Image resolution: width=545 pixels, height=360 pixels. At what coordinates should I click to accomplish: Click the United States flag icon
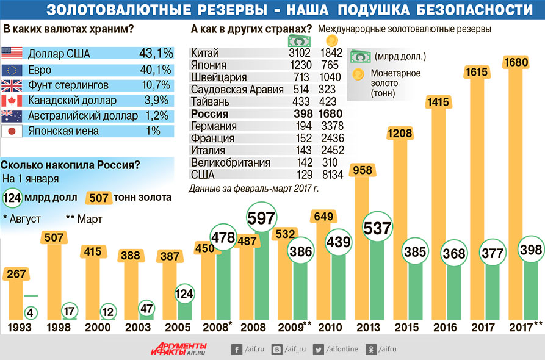pyautogui.click(x=12, y=54)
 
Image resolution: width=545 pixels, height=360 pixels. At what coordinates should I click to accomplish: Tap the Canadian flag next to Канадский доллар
pyautogui.click(x=12, y=100)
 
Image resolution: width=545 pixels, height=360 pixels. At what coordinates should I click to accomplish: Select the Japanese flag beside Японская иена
pyautogui.click(x=12, y=131)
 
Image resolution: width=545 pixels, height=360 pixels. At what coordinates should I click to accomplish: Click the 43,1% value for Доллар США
pyautogui.click(x=156, y=54)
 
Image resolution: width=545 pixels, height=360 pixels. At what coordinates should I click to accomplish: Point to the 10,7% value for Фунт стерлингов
pyautogui.click(x=156, y=85)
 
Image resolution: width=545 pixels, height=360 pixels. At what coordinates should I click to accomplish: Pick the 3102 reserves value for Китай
pyautogui.click(x=299, y=53)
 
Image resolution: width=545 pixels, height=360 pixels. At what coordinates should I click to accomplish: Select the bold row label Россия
pyautogui.click(x=209, y=114)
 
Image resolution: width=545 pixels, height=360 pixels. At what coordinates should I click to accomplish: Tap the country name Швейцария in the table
pyautogui.click(x=218, y=77)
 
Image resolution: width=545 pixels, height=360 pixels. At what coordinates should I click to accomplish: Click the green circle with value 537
pyautogui.click(x=377, y=228)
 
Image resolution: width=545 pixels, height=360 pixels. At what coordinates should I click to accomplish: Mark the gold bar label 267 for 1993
pyautogui.click(x=17, y=274)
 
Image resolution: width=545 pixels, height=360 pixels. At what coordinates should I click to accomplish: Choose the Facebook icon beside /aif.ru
pyautogui.click(x=236, y=350)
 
